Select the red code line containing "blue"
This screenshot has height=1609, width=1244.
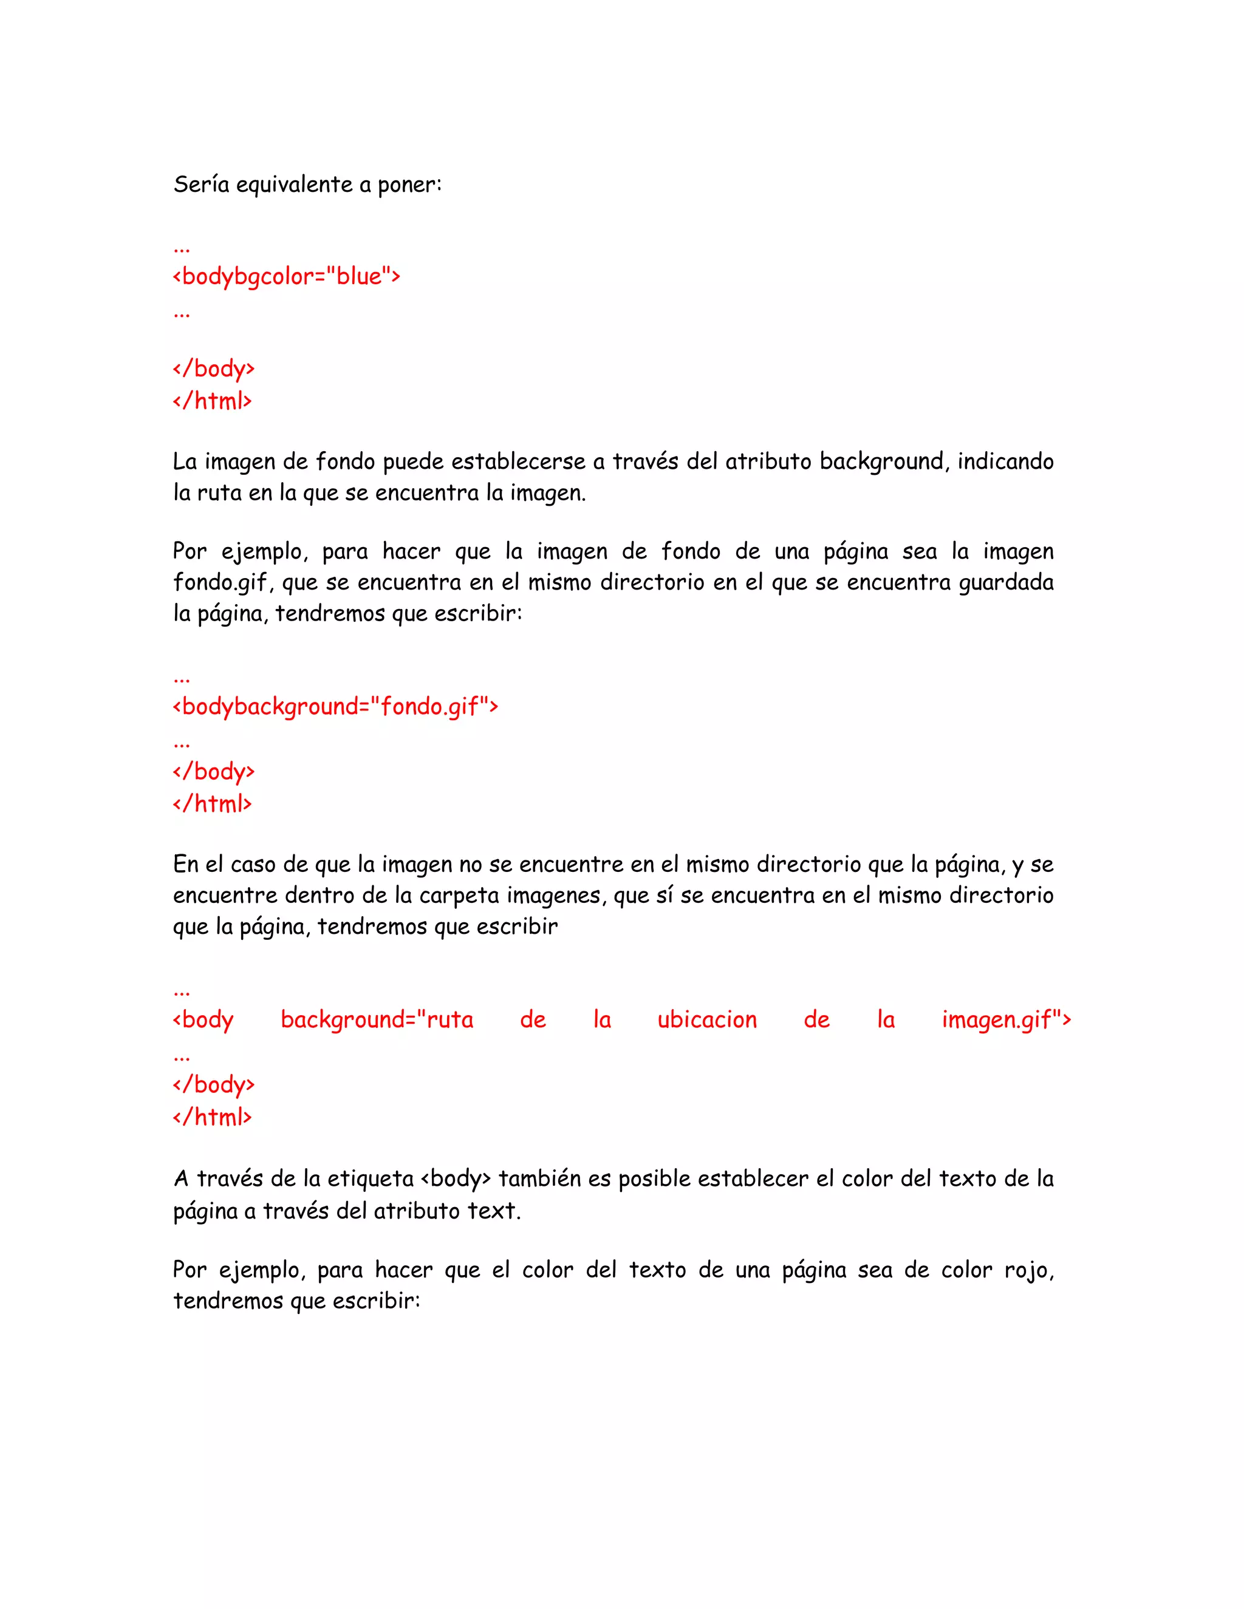286,276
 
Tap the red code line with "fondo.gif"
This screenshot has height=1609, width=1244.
335,707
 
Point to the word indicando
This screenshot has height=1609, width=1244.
1005,462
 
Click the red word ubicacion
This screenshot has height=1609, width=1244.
707,1019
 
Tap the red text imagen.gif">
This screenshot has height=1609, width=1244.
1006,1019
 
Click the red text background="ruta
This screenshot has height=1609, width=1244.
377,1019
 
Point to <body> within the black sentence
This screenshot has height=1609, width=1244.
456,1179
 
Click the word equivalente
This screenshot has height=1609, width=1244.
294,184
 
